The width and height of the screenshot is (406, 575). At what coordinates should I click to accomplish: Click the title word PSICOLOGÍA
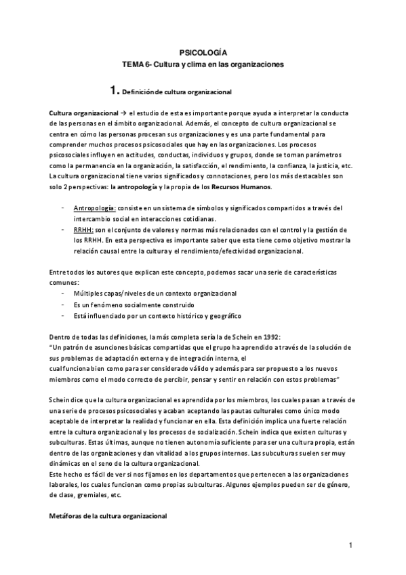tap(203, 52)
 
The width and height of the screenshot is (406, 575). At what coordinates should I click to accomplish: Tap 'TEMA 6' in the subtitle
tap(134, 64)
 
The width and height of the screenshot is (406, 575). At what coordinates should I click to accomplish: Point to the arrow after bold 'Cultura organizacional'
tap(123, 112)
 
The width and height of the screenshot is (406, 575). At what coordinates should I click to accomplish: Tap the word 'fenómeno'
tap(110, 304)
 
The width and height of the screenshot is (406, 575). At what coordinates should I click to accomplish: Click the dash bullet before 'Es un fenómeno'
tap(63, 304)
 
